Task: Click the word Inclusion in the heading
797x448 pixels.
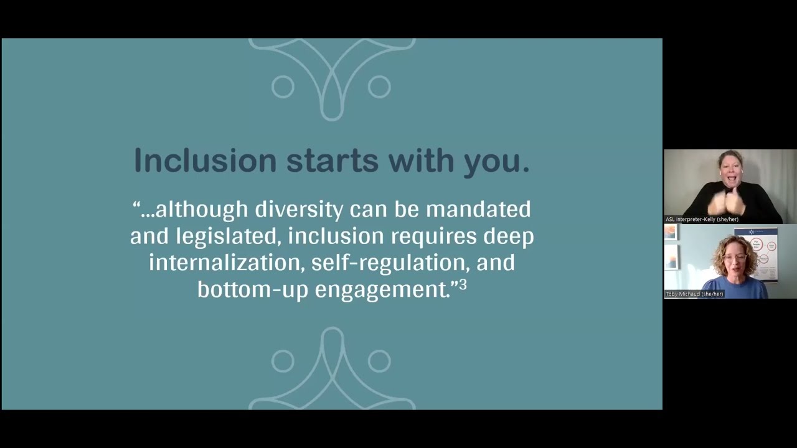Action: pos(204,161)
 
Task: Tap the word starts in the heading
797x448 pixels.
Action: pos(332,161)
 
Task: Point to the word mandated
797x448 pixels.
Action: pos(478,210)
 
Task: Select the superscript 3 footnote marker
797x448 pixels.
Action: pos(463,285)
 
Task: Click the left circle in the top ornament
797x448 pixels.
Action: pos(283,86)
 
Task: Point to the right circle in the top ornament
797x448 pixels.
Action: pos(379,86)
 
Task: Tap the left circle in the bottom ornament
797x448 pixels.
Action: pos(283,361)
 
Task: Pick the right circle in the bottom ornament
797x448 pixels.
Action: pos(379,361)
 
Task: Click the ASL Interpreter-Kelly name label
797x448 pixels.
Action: pos(702,219)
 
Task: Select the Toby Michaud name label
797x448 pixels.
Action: pos(694,294)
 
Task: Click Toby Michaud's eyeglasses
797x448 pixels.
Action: pos(736,256)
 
